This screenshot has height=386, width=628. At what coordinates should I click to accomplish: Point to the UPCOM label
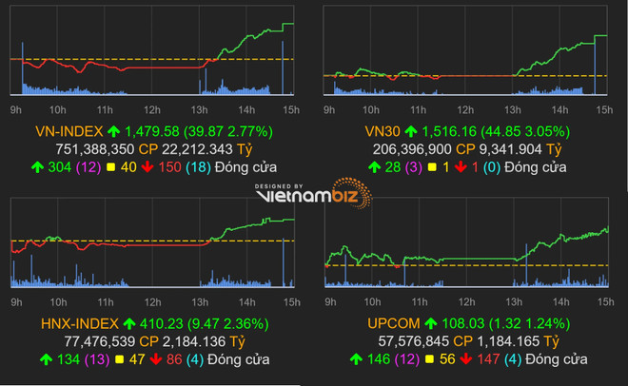point(390,322)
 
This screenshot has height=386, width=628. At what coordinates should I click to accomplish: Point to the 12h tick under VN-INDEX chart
point(151,108)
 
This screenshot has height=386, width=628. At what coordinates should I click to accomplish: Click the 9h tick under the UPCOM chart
point(328,299)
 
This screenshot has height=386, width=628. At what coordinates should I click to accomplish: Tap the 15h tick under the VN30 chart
point(603,108)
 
